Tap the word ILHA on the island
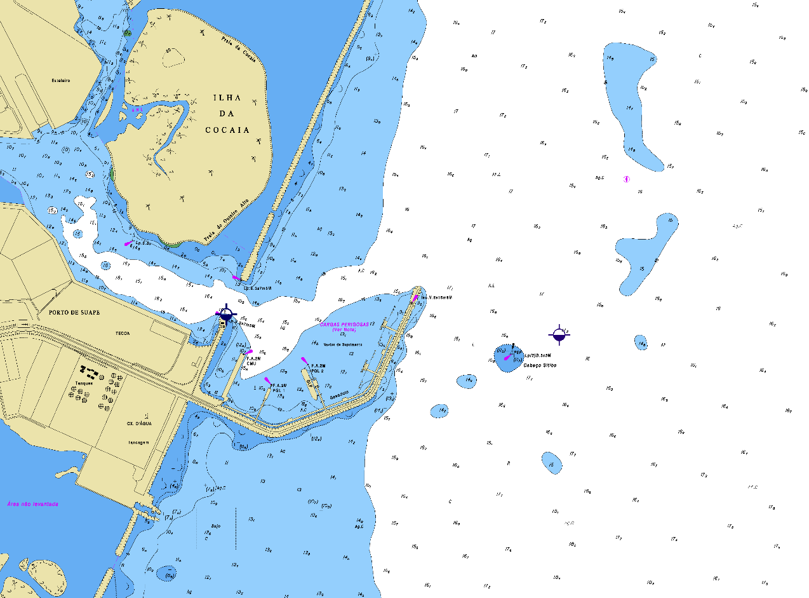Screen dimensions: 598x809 tap(227, 98)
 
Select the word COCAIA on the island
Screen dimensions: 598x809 tap(227, 130)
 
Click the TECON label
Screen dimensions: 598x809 tap(123, 332)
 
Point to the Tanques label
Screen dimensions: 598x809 tap(84, 383)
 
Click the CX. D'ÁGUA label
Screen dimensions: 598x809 tap(137, 423)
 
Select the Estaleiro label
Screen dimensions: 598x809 tap(61, 81)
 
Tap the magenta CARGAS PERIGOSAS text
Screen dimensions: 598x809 tap(344, 324)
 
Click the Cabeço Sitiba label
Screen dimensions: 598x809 tap(540, 365)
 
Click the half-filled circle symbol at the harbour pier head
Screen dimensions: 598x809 tap(226, 313)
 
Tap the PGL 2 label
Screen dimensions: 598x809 tap(318, 370)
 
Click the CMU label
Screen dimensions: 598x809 tap(251, 364)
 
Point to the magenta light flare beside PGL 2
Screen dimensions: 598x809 tap(305, 361)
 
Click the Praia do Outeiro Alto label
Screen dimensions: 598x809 tap(229, 221)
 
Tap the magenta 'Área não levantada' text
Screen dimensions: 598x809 tap(33, 504)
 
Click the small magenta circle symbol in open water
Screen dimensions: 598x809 tap(627, 179)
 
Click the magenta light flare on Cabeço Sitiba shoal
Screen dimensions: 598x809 tap(507, 358)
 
